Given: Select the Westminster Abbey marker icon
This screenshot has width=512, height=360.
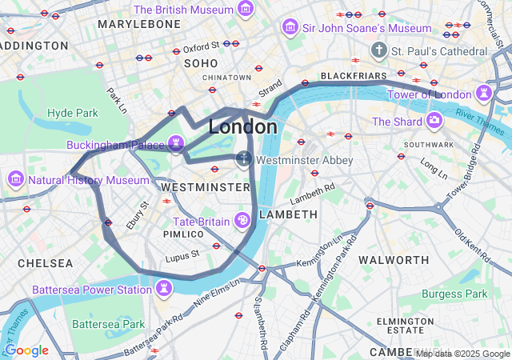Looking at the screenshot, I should [245, 160].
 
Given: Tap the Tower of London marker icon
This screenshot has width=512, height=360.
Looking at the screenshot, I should [484, 94].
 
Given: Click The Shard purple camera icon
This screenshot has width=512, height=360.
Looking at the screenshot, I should [434, 121].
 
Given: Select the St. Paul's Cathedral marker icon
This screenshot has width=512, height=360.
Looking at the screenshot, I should [379, 51].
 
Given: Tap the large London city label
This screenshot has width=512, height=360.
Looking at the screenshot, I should [243, 127].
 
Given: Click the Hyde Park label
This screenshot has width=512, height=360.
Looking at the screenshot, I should [72, 113].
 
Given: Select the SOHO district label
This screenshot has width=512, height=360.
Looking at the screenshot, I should [200, 62].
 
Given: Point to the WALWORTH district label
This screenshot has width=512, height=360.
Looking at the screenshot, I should [394, 260].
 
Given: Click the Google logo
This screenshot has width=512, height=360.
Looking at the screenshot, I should [26, 350].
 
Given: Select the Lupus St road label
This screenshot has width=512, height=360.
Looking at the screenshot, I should [182, 255].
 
